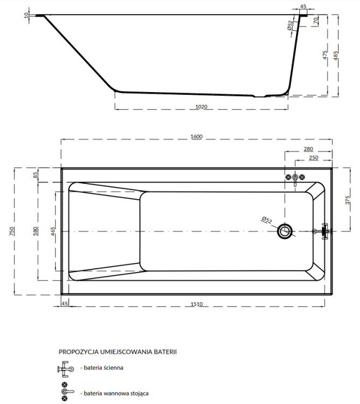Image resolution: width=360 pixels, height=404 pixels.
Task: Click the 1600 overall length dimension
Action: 196,137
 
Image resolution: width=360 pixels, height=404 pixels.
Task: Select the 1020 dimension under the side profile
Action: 201,106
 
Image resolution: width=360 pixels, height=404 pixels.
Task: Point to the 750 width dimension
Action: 12,231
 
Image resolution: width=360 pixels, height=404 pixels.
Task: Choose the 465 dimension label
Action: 53,231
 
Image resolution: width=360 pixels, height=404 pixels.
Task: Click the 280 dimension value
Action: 308,149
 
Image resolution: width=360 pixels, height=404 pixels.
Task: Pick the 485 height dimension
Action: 336,55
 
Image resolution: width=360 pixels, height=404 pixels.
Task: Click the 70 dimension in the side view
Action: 316,21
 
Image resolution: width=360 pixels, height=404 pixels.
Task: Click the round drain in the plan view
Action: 285,232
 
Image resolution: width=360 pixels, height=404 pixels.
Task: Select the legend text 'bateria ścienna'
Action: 103,368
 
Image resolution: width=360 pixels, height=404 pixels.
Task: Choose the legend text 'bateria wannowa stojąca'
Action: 114,393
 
